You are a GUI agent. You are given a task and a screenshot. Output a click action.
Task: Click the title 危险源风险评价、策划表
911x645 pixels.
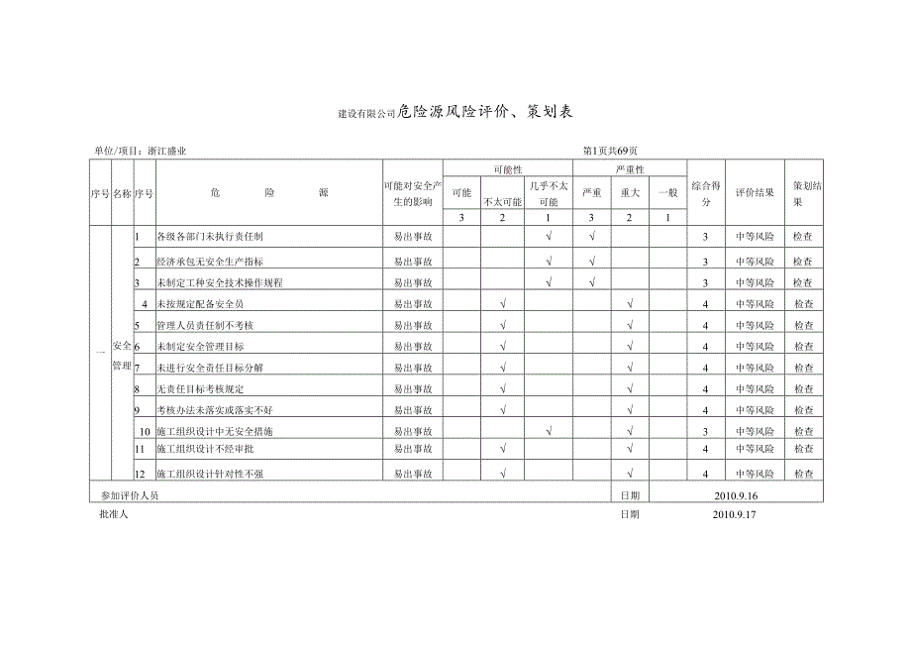(x=485, y=112)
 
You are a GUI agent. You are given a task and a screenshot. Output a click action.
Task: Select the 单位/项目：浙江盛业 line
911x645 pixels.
(x=141, y=152)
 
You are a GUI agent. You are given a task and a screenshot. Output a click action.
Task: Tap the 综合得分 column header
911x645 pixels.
(x=705, y=192)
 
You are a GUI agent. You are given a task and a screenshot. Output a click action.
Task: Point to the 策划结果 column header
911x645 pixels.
(x=804, y=192)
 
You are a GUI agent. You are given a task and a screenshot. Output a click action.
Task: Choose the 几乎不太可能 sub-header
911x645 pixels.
(x=548, y=192)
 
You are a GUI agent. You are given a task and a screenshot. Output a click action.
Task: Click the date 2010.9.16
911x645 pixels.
(x=734, y=495)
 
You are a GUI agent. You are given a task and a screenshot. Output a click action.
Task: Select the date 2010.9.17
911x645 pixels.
(x=734, y=514)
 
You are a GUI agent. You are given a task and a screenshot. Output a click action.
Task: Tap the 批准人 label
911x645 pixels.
(x=114, y=514)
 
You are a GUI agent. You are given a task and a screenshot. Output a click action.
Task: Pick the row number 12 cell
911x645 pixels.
(x=144, y=475)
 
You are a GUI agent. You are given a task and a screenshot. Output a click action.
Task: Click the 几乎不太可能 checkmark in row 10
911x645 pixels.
(x=549, y=431)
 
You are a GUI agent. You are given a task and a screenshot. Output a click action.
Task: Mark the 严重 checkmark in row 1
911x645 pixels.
(x=591, y=237)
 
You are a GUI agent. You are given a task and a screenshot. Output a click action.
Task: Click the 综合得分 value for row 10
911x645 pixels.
(x=705, y=432)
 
